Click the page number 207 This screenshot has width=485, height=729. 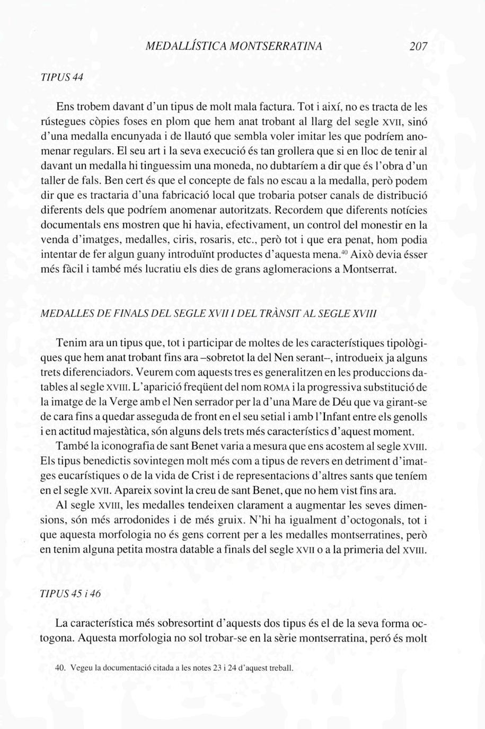pyautogui.click(x=418, y=47)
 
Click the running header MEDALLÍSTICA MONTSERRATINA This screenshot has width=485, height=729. pyautogui.click(x=234, y=47)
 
